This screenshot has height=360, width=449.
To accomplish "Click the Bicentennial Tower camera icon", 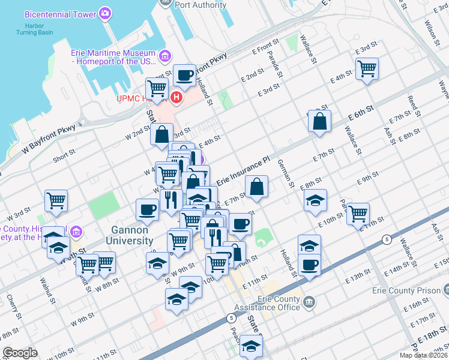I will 105,13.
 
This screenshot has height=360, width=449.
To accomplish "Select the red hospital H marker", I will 176,97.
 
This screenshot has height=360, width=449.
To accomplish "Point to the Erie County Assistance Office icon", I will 309,300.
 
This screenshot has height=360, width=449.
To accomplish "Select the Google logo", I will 20,353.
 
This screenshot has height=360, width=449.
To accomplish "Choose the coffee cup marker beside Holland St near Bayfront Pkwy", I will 184,75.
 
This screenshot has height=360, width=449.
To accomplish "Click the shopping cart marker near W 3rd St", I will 56,200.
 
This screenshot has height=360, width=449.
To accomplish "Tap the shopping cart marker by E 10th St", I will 358,212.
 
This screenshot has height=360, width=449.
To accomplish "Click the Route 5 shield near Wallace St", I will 387,239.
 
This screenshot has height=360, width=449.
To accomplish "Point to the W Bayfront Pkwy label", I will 50,140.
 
